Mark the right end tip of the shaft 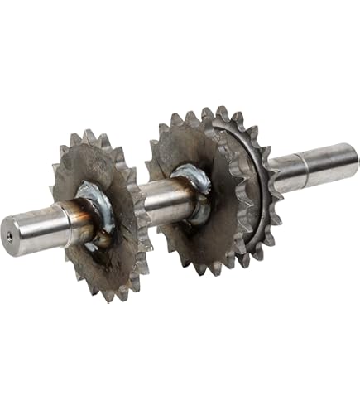[x=354, y=157]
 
